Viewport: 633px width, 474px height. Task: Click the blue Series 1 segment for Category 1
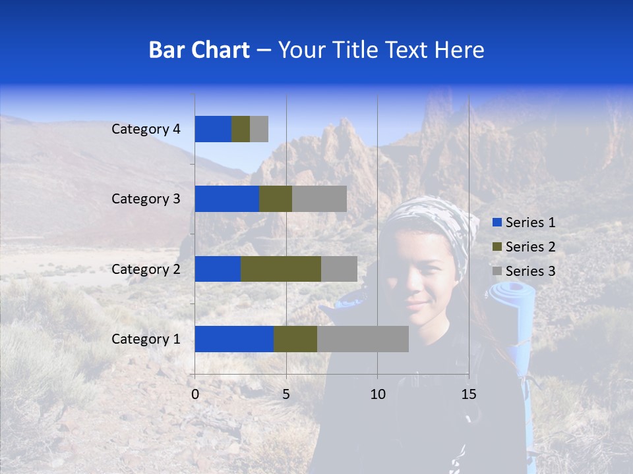pyautogui.click(x=234, y=339)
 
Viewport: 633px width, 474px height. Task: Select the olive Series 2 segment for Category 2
pyautogui.click(x=281, y=269)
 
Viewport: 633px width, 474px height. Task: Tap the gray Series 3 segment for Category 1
pyautogui.click(x=363, y=339)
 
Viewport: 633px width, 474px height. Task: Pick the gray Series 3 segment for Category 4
pyautogui.click(x=259, y=129)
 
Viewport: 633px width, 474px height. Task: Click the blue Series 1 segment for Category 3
pyautogui.click(x=227, y=199)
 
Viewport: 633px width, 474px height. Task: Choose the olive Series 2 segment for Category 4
pyautogui.click(x=241, y=129)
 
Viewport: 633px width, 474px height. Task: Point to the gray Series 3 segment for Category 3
pyautogui.click(x=319, y=199)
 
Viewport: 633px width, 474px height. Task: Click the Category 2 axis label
pyautogui.click(x=146, y=269)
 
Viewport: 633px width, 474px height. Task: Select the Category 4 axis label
pyautogui.click(x=146, y=129)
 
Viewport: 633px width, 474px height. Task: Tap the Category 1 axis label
pyautogui.click(x=146, y=339)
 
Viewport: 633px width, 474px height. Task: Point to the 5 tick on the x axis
pyautogui.click(x=286, y=394)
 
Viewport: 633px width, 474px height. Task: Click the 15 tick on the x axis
pyautogui.click(x=468, y=394)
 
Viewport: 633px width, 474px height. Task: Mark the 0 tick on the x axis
pyautogui.click(x=195, y=394)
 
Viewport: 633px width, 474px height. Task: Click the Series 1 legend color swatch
pyautogui.click(x=497, y=223)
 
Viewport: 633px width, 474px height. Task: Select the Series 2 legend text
pyautogui.click(x=530, y=247)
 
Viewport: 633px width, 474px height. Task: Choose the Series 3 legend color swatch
pyautogui.click(x=497, y=271)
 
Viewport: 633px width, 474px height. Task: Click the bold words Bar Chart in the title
pyautogui.click(x=199, y=50)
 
